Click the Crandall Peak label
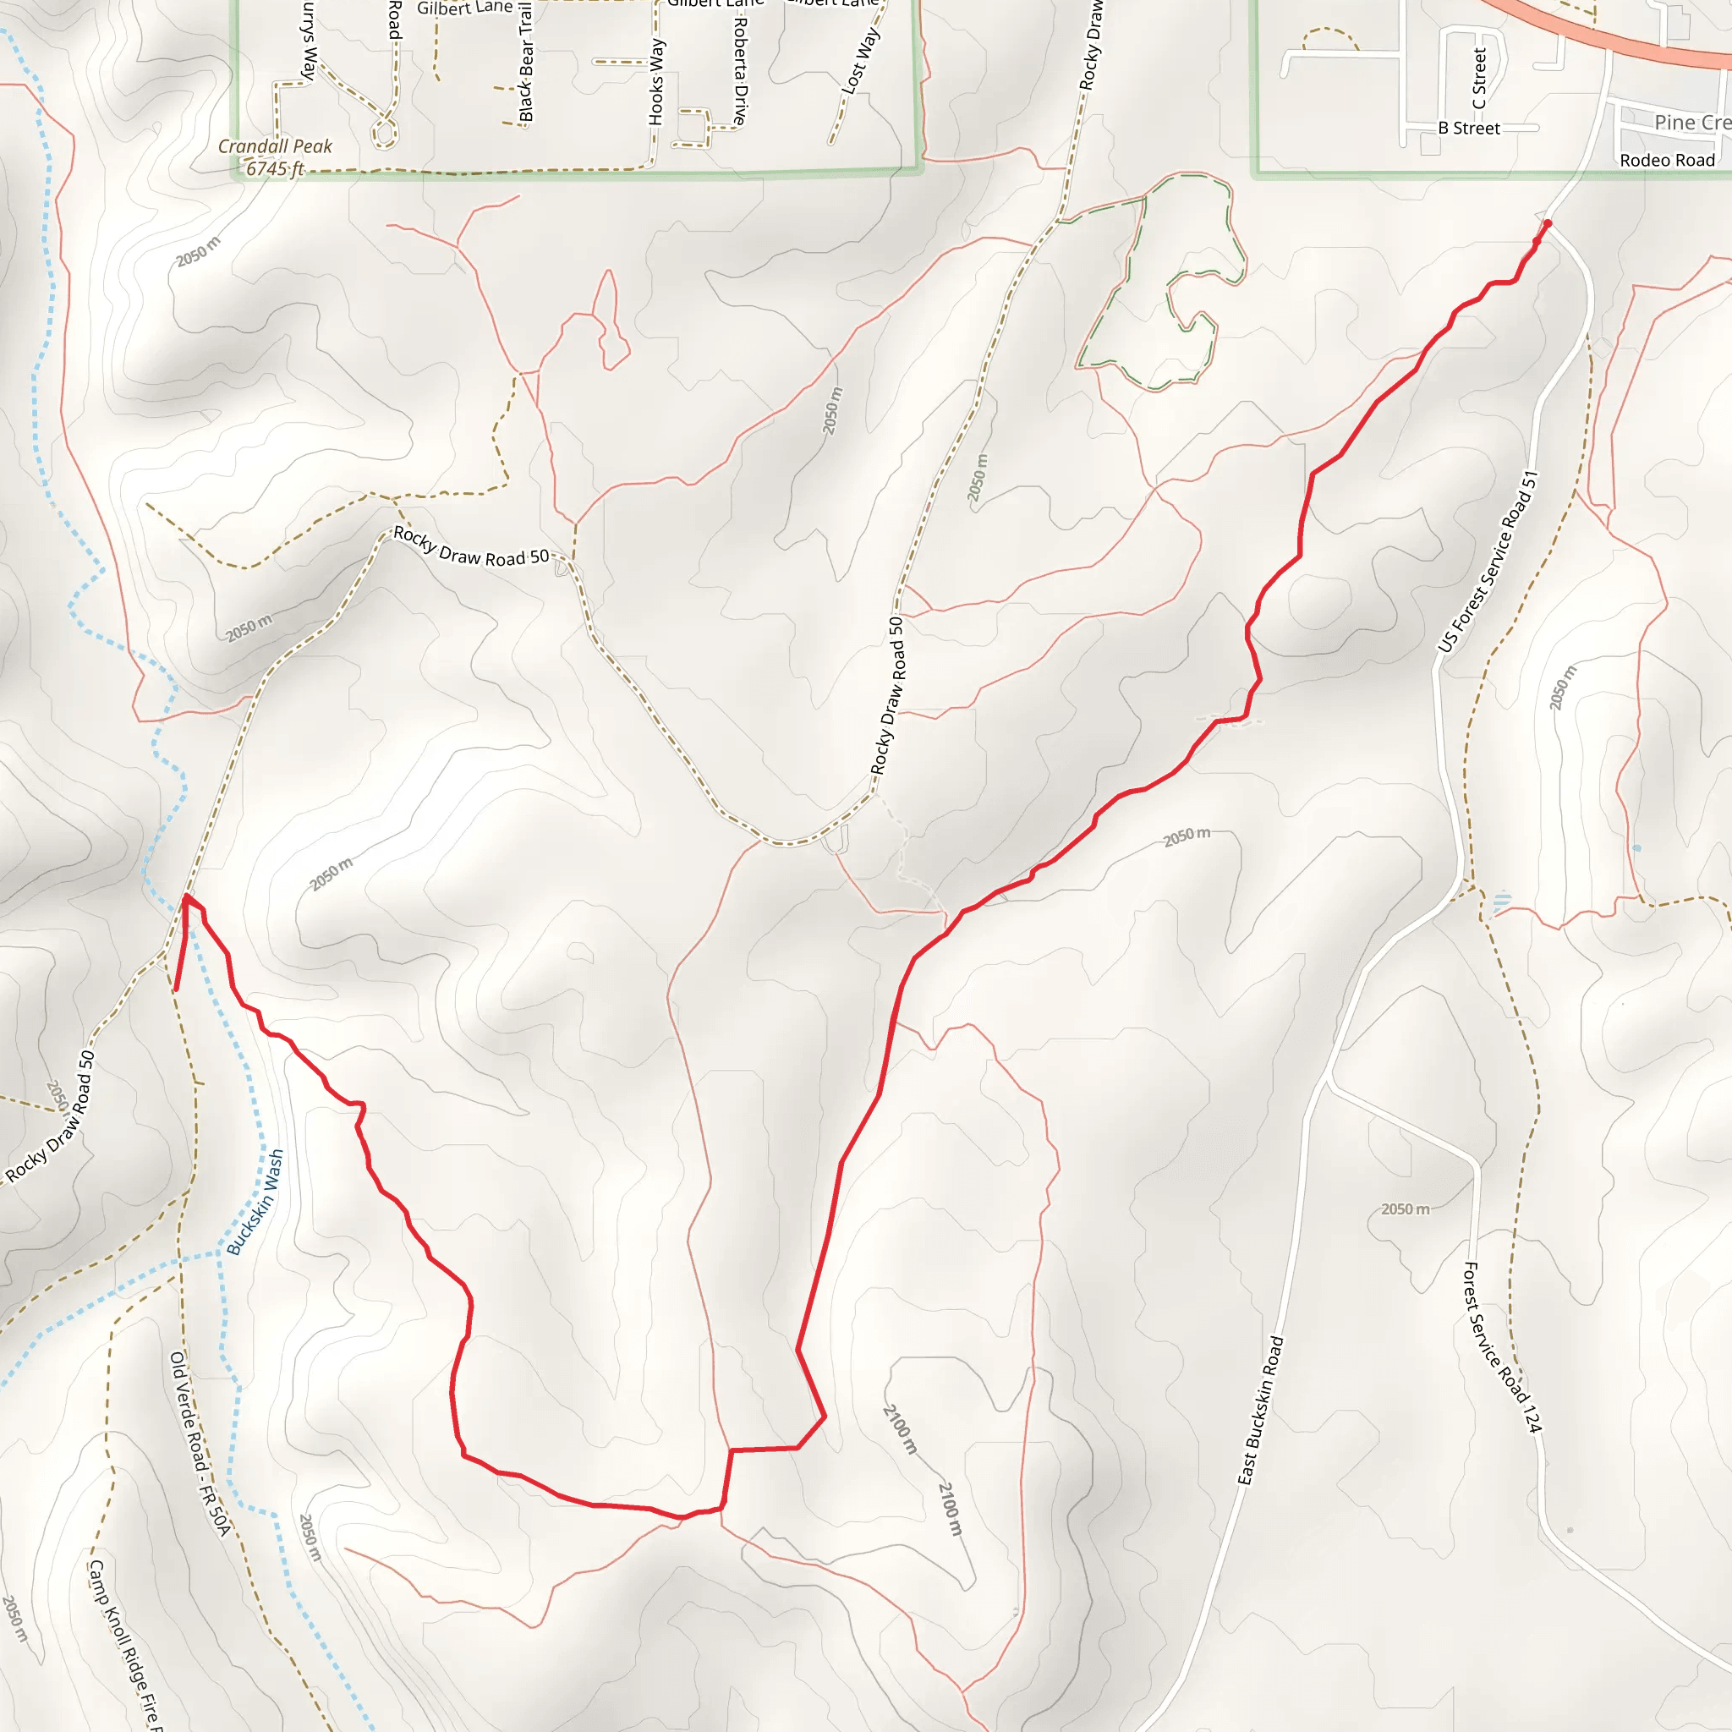[x=274, y=146]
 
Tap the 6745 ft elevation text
[x=275, y=168]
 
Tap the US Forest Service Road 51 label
[x=1488, y=562]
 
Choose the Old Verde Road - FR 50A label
[x=200, y=1444]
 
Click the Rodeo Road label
[x=1667, y=161]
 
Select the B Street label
[x=1468, y=129]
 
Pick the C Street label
[x=1479, y=79]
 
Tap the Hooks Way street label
[x=656, y=80]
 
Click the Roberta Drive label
[x=740, y=70]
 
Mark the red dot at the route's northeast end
[x=1548, y=223]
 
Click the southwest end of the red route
[x=176, y=989]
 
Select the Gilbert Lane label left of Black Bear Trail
[x=464, y=8]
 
